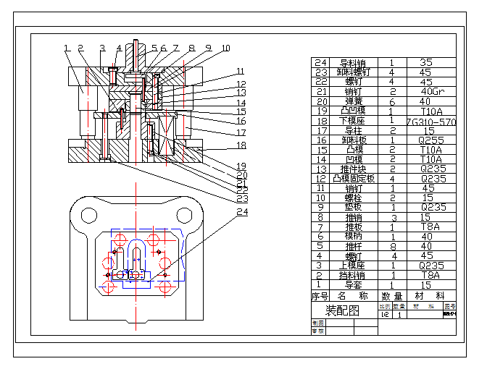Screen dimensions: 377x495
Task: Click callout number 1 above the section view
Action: click(66, 48)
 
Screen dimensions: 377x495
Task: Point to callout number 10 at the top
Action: click(225, 48)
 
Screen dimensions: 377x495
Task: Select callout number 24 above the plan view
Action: click(241, 212)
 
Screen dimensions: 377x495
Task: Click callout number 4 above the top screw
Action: click(119, 48)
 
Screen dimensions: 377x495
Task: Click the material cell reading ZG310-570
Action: click(431, 121)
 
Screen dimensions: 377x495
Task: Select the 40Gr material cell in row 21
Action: click(431, 91)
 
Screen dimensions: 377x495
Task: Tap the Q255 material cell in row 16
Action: click(431, 140)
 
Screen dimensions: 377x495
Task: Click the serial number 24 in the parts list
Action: click(320, 63)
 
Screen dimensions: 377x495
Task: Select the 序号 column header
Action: click(320, 296)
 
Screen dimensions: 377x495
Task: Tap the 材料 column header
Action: click(431, 296)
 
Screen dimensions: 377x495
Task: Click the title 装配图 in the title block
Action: click(341, 310)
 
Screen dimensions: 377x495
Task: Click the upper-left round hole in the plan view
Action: click(89, 215)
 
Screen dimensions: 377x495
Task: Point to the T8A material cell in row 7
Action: click(431, 226)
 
